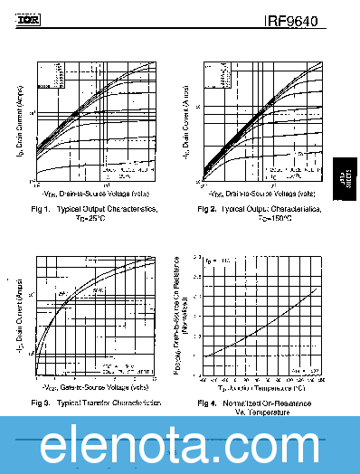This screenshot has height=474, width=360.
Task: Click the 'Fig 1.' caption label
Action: (41, 209)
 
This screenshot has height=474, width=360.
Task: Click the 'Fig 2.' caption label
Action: (207, 209)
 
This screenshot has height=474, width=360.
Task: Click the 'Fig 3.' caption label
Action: (41, 401)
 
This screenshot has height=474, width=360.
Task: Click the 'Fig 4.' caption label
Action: (207, 402)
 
